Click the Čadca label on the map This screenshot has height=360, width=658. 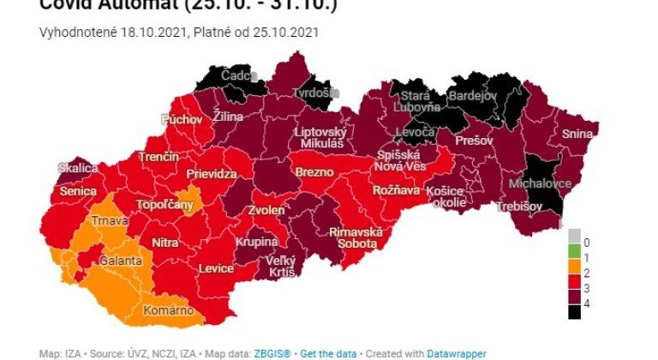tap(235, 76)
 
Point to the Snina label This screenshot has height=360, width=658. tap(577, 134)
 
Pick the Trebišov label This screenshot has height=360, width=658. tap(521, 207)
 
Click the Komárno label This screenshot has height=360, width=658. tap(168, 310)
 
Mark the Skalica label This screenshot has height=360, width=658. tap(78, 168)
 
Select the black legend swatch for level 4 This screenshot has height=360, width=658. tap(574, 312)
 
